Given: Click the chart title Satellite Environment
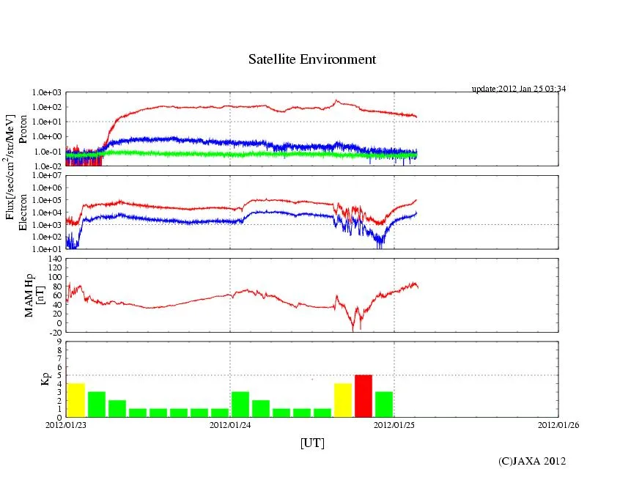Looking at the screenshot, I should point(312,59).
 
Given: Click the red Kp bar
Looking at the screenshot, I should point(363,396).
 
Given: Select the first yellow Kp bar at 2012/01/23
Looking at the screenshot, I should point(75,400).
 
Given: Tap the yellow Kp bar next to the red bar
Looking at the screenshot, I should point(343,400).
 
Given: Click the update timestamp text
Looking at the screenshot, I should point(518,89).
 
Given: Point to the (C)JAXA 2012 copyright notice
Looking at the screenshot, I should point(532,460).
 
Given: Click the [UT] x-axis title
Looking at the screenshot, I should point(312,443).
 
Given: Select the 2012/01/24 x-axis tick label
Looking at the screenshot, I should point(231,424).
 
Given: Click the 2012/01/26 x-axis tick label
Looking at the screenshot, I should point(558,424).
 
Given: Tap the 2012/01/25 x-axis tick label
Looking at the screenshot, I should point(394,424).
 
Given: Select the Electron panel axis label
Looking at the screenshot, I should point(22,213).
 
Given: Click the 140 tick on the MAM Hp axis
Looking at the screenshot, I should point(53,259).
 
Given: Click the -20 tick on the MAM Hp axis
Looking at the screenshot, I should point(53,332).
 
